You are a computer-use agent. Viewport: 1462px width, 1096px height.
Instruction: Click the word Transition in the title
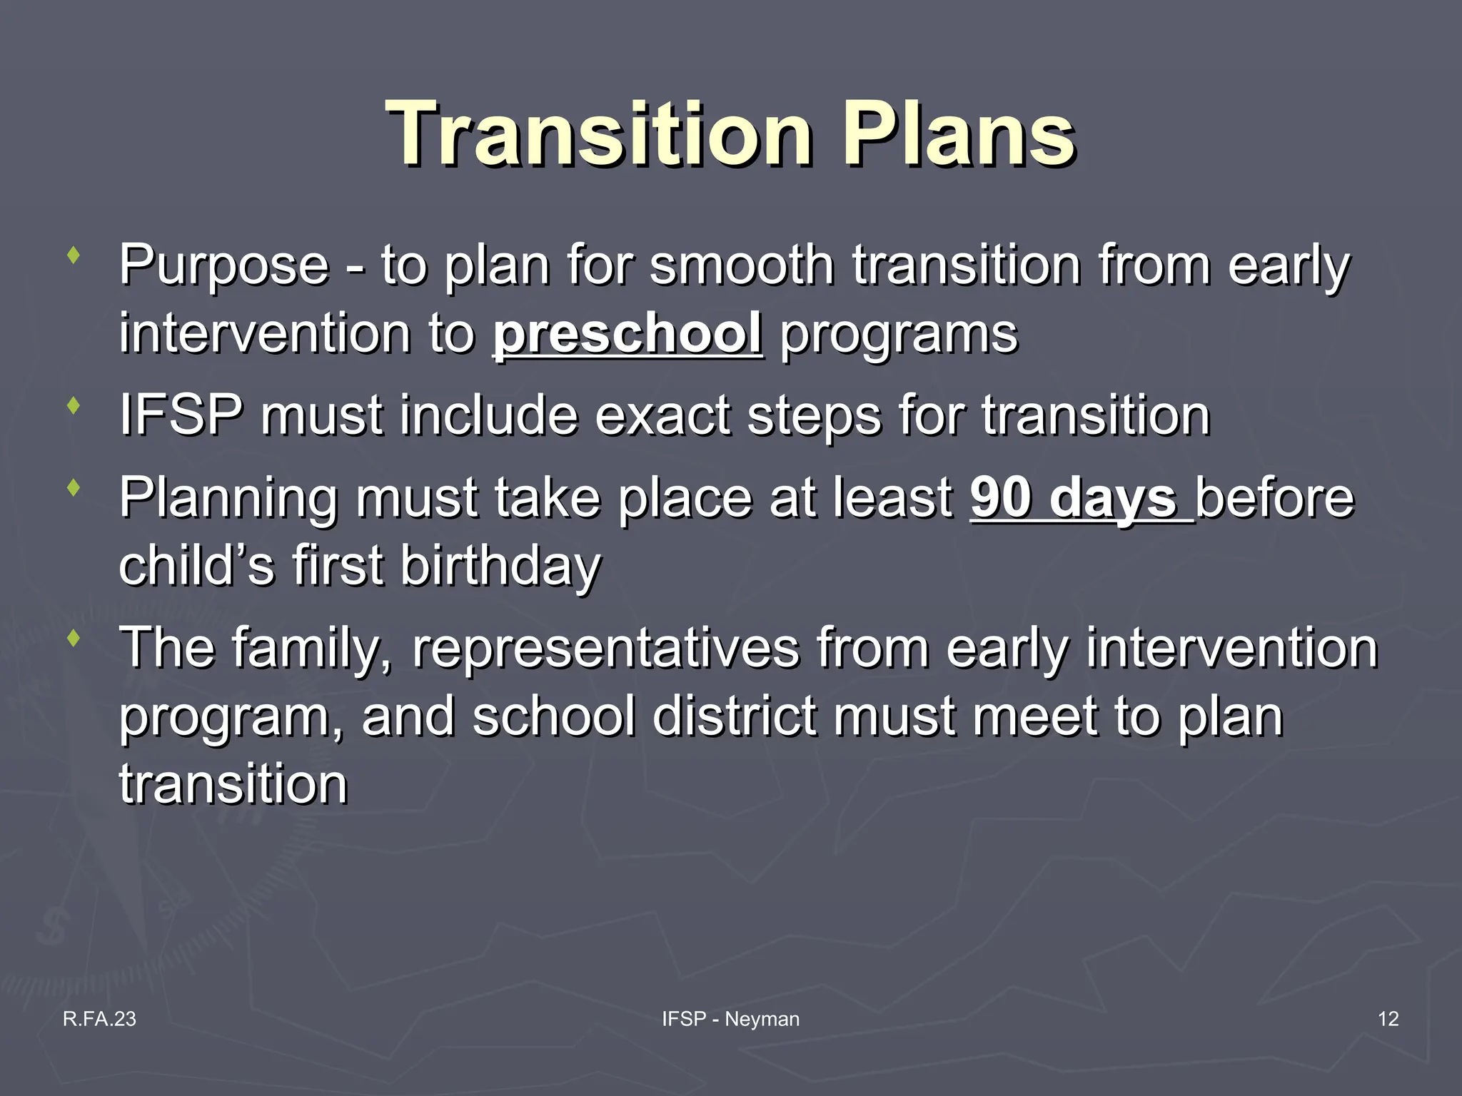click(x=598, y=134)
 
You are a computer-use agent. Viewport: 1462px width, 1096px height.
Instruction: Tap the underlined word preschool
click(x=627, y=333)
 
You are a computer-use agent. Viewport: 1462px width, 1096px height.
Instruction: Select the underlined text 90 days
click(x=1073, y=497)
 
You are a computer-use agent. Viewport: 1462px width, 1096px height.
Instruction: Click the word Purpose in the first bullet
click(x=223, y=265)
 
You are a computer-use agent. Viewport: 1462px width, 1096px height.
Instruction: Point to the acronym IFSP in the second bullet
click(x=181, y=415)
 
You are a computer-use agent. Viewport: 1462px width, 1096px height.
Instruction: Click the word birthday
click(x=500, y=565)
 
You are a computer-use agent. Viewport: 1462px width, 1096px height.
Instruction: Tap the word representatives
click(x=605, y=648)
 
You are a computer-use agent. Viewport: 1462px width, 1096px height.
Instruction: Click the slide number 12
click(x=1388, y=1019)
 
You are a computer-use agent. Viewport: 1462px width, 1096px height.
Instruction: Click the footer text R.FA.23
click(x=99, y=1019)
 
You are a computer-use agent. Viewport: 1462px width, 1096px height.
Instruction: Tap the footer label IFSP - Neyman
click(x=730, y=1019)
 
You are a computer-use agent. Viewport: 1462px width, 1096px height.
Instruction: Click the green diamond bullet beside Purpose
click(x=72, y=255)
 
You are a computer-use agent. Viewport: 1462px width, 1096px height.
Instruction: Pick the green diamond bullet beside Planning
click(x=72, y=488)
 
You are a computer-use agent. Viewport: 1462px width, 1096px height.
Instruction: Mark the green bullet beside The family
click(x=72, y=638)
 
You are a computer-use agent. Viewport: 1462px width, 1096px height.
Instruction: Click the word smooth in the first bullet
click(x=741, y=265)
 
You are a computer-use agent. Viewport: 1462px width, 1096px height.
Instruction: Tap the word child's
click(x=196, y=565)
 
